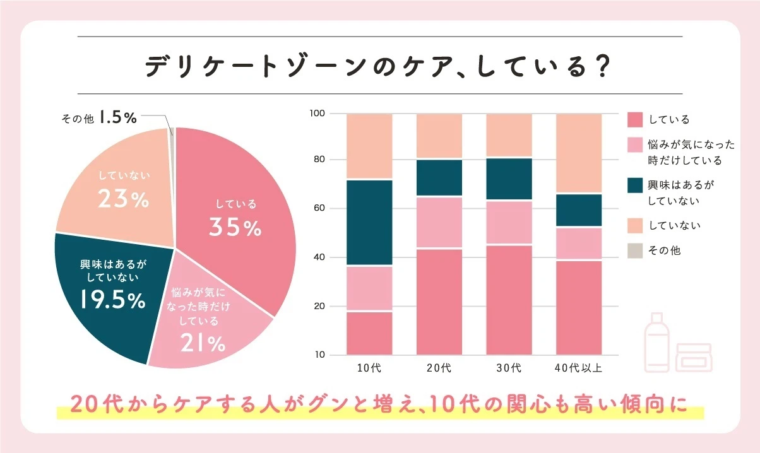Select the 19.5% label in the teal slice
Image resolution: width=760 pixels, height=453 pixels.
(x=113, y=301)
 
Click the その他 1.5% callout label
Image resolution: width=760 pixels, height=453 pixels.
(x=99, y=117)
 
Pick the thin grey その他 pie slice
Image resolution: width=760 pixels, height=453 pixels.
(x=171, y=132)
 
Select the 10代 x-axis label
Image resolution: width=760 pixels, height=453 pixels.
(x=369, y=368)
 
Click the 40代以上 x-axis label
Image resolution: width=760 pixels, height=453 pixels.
(x=578, y=368)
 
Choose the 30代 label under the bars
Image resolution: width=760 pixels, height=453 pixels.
(x=508, y=368)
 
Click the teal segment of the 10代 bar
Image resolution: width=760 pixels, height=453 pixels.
(x=369, y=223)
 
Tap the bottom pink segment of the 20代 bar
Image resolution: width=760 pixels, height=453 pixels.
(x=439, y=302)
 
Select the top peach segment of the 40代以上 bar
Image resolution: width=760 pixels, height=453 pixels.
(x=578, y=153)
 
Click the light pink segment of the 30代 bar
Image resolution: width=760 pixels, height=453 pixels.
(x=508, y=222)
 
